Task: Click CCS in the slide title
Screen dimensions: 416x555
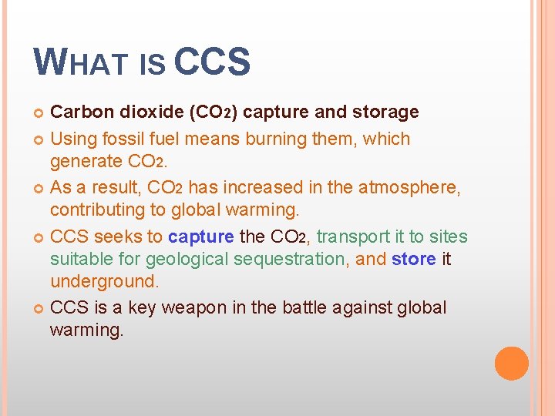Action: (212, 62)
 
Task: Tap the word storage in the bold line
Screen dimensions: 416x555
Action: (385, 112)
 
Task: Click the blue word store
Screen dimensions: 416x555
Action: (414, 259)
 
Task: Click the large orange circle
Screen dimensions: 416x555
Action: (512, 364)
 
